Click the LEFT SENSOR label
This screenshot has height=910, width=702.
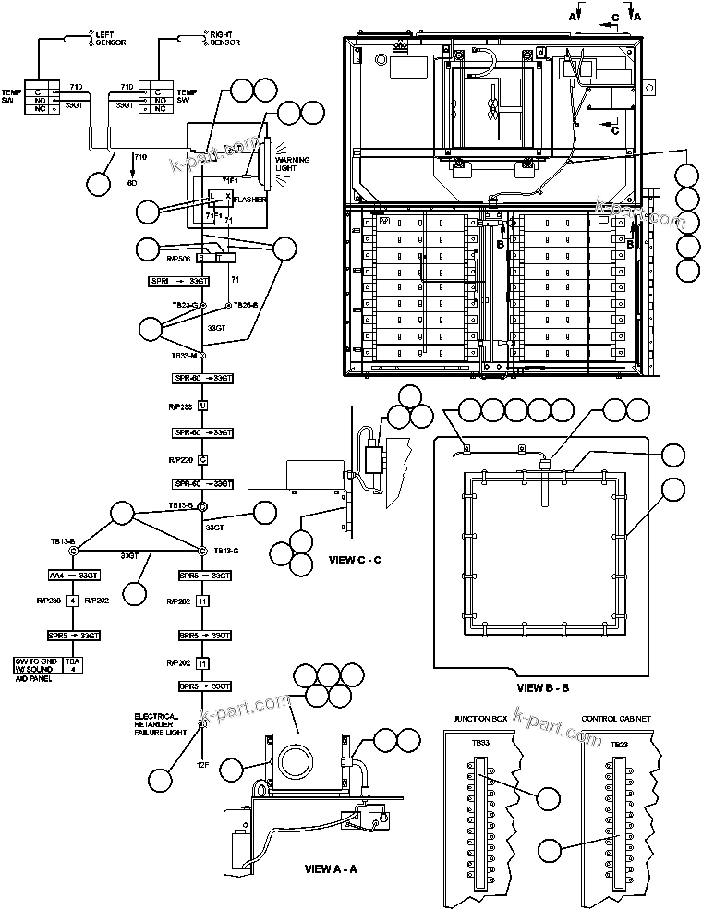pyautogui.click(x=111, y=39)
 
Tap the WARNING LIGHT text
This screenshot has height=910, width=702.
pyautogui.click(x=292, y=165)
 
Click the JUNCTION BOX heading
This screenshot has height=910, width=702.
pyautogui.click(x=479, y=718)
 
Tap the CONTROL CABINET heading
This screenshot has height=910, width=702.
pyautogui.click(x=616, y=718)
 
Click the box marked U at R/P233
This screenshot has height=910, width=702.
pyautogui.click(x=202, y=406)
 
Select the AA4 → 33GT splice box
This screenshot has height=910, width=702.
pyautogui.click(x=75, y=576)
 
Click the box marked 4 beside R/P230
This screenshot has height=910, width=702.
pyautogui.click(x=72, y=601)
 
